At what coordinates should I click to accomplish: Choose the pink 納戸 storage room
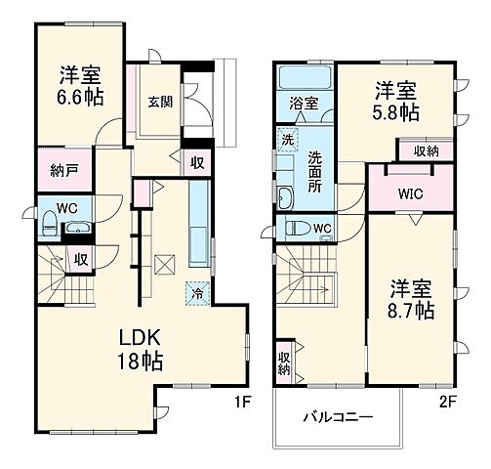point(64,170)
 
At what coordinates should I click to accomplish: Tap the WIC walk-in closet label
point(409,192)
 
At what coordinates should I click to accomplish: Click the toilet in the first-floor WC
point(48,226)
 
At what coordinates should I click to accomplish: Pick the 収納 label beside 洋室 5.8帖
point(426,150)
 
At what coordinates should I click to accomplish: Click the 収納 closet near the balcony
point(283,362)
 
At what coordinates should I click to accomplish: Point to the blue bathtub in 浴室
point(304,77)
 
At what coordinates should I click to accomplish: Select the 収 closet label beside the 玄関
point(197,163)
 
